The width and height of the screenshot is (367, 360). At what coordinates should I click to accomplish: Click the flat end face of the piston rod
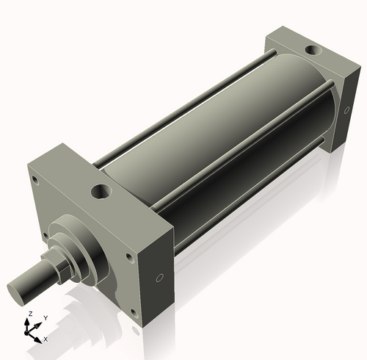[x=21, y=287]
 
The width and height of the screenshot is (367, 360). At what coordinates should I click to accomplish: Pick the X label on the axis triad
[x=46, y=339]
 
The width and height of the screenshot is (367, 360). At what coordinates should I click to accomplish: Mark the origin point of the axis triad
[x=30, y=331]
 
